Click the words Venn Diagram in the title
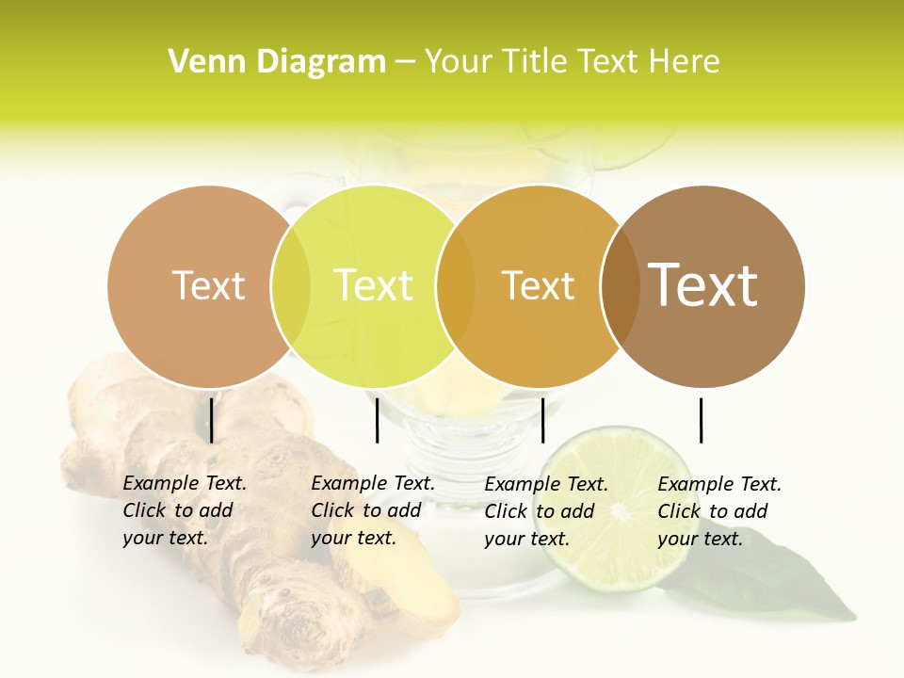click(277, 62)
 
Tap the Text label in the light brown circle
click(209, 285)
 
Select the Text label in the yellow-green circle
click(374, 285)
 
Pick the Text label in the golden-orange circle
click(539, 285)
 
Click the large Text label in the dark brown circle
click(703, 285)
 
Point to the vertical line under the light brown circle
click(211, 420)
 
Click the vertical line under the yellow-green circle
click(377, 420)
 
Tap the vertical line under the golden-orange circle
click(542, 420)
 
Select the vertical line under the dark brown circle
click(701, 420)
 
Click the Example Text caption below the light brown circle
click(185, 510)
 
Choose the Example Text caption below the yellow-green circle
click(373, 510)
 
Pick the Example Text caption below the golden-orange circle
click(546, 511)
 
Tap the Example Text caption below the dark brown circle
click(719, 511)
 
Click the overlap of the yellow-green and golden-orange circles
click(456, 286)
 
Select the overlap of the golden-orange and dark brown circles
click(621, 286)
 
